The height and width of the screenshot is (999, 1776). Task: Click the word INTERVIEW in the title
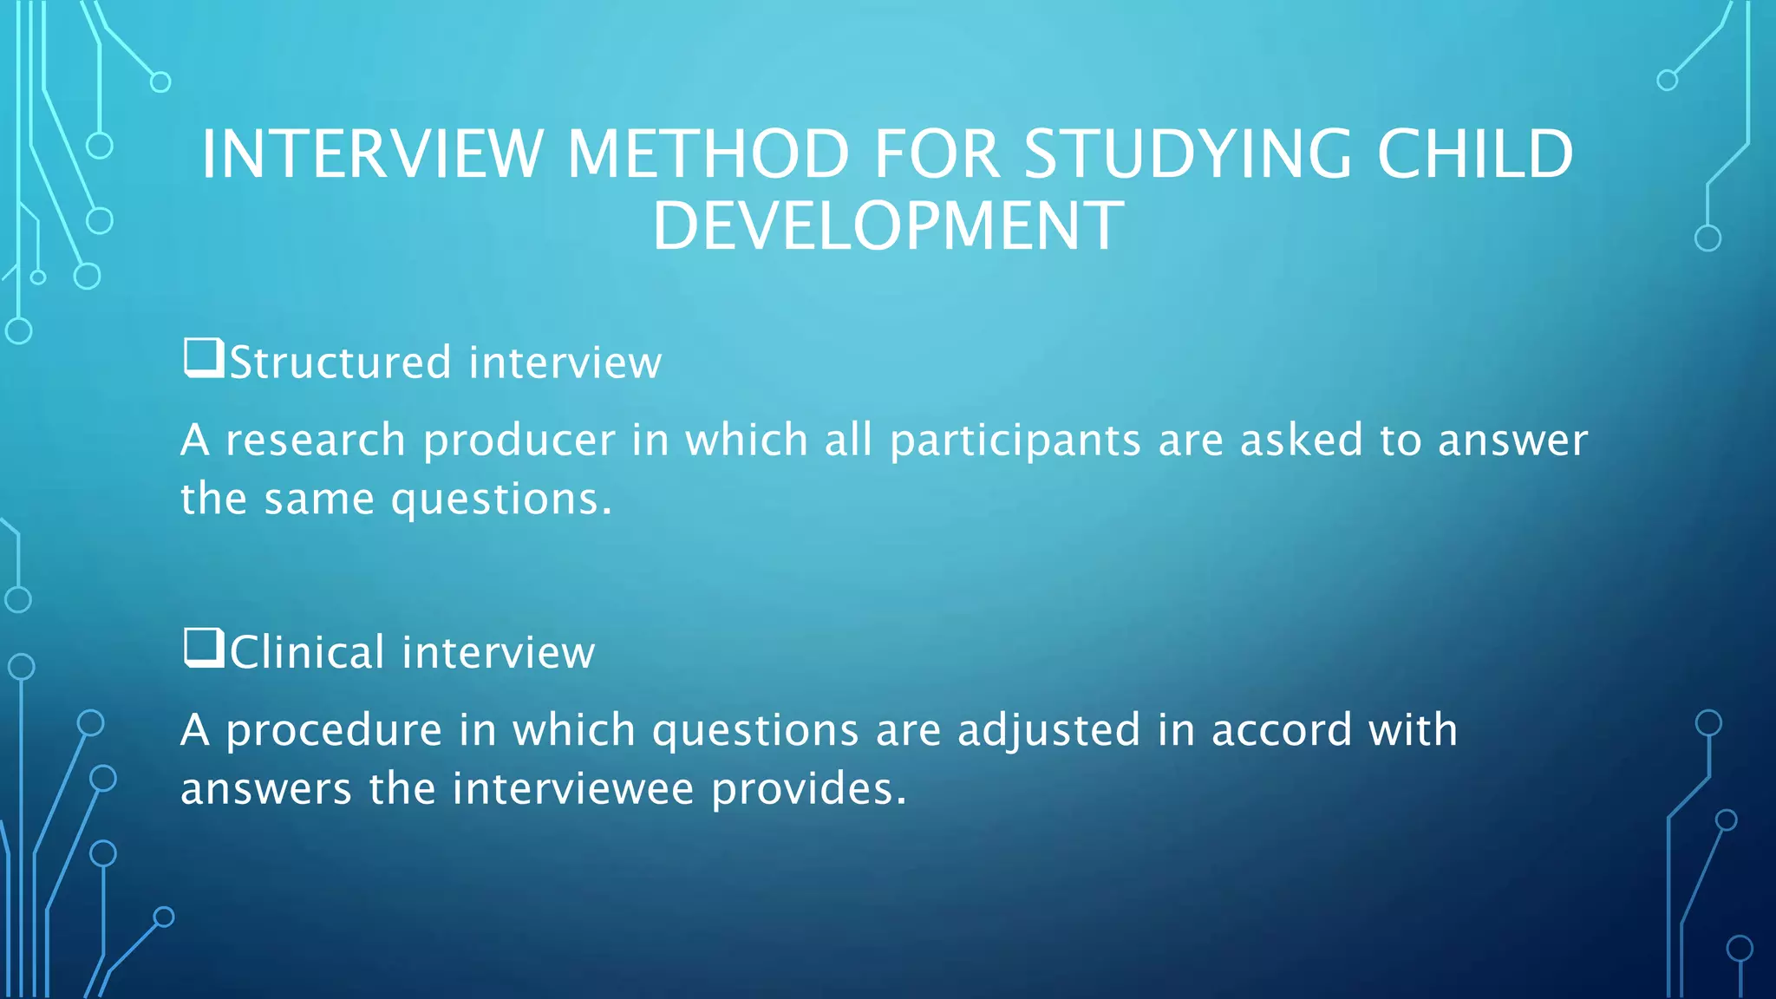pos(372,154)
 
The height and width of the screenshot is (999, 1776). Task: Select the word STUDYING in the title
pos(1187,154)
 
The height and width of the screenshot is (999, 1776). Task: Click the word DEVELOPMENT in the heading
pos(888,226)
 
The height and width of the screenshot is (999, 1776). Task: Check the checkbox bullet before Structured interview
pos(203,358)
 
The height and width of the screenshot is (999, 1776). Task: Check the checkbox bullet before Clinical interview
pos(203,648)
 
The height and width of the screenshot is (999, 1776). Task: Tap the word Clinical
pos(307,652)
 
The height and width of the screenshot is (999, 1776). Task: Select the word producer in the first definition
pos(519,441)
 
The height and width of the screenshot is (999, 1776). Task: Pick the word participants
pos(1015,441)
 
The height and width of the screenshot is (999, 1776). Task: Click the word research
pos(316,441)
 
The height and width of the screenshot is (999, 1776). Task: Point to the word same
pos(319,499)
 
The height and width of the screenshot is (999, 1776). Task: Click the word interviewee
pos(573,789)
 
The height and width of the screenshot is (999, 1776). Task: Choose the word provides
pos(808,789)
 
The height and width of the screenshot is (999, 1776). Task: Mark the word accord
pos(1282,730)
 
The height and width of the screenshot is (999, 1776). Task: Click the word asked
pos(1302,441)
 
